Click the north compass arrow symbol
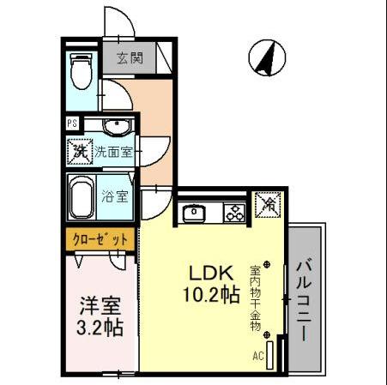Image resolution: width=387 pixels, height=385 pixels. point(265,59)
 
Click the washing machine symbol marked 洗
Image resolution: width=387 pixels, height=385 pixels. point(80,153)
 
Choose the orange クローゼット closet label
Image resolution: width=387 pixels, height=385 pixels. point(100,239)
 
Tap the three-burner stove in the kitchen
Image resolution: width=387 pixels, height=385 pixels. point(234,213)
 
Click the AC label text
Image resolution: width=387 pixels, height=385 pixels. point(257,353)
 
